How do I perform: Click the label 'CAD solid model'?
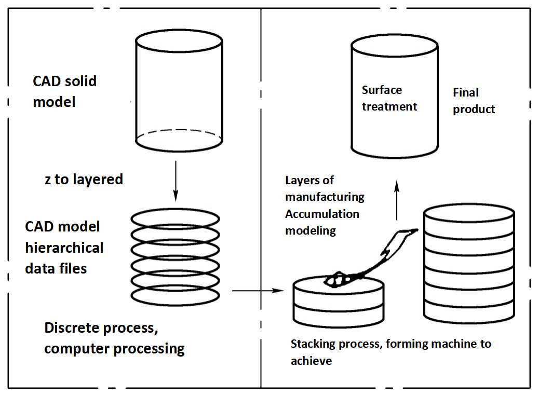[65, 91]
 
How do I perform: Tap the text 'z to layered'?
[84, 180]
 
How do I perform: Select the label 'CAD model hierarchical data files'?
[64, 248]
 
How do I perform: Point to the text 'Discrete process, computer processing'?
[114, 338]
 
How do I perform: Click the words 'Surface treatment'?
[389, 98]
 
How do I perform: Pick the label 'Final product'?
[474, 101]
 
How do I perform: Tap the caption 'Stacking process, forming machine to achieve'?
[391, 352]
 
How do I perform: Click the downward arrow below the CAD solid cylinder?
[176, 182]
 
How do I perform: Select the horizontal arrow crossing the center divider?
[258, 291]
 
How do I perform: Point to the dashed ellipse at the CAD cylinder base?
[179, 136]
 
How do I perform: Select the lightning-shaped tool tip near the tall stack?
[400, 239]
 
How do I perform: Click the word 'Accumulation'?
[322, 214]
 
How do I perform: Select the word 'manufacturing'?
[325, 197]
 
